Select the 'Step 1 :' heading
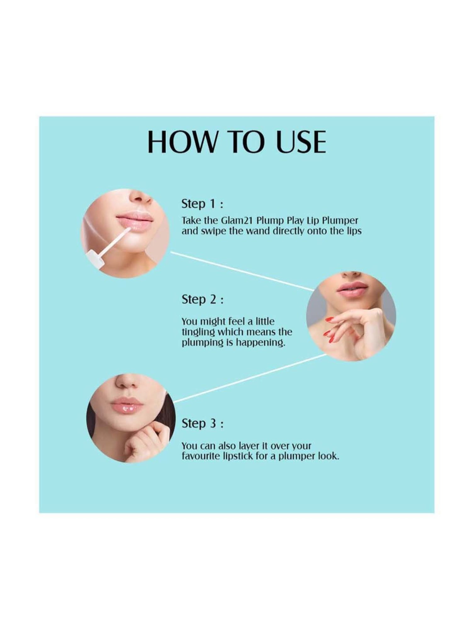click(202, 204)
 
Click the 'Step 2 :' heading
click(202, 299)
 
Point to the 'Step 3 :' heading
click(202, 423)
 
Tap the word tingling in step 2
click(198, 332)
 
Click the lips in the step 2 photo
click(352, 289)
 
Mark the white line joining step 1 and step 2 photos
click(242, 271)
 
